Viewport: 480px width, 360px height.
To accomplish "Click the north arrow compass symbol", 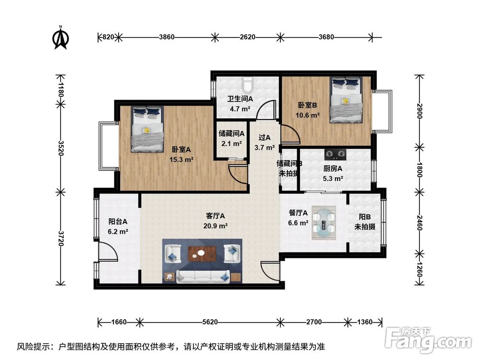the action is point(61,37).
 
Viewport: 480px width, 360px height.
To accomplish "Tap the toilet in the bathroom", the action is point(247,84).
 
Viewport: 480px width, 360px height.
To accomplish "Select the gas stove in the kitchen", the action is point(335,155).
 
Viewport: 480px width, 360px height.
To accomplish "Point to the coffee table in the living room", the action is point(202,254).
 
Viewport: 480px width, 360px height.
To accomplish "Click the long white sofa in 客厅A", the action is point(203,276).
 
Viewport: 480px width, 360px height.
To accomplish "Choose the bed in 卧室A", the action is point(147,129).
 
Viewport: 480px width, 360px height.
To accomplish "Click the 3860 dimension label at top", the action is point(167,37).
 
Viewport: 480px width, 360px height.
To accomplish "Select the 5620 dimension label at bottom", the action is point(210,322).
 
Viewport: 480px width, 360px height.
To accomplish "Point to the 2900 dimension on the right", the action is point(420,111).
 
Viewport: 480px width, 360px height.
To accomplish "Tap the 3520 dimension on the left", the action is point(60,148).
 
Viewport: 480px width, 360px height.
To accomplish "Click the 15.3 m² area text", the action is point(181,159).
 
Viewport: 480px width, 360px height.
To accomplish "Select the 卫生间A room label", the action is point(240,99).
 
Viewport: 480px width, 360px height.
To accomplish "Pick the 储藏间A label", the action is point(231,133).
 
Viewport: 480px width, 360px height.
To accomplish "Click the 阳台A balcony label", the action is point(118,221).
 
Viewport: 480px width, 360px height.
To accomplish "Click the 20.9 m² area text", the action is point(216,226).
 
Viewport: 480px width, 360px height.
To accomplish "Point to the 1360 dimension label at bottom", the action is point(365,322).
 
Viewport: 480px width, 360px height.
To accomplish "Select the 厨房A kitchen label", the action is point(333,168).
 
